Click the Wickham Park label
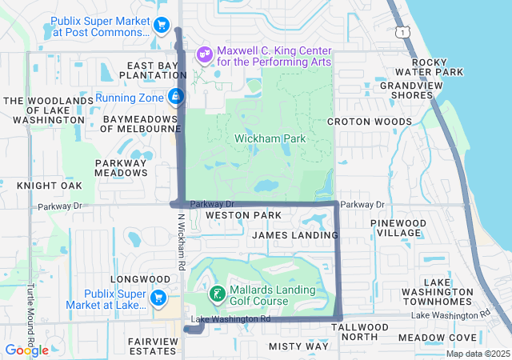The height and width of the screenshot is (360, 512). click(270, 139)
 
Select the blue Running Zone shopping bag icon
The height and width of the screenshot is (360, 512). click(175, 98)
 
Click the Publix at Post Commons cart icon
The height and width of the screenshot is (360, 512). click(161, 26)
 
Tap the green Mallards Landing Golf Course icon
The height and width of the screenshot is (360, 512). click(216, 294)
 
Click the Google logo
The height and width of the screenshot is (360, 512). click(26, 350)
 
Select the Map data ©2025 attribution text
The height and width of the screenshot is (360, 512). click(477, 354)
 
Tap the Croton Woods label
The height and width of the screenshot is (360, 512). click(370, 122)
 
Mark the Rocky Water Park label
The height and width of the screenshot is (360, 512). click(438, 67)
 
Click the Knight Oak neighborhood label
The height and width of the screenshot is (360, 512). click(50, 186)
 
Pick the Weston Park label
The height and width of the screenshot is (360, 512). click(243, 215)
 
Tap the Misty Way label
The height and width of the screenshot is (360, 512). click(298, 346)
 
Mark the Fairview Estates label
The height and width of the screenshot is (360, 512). click(153, 346)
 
